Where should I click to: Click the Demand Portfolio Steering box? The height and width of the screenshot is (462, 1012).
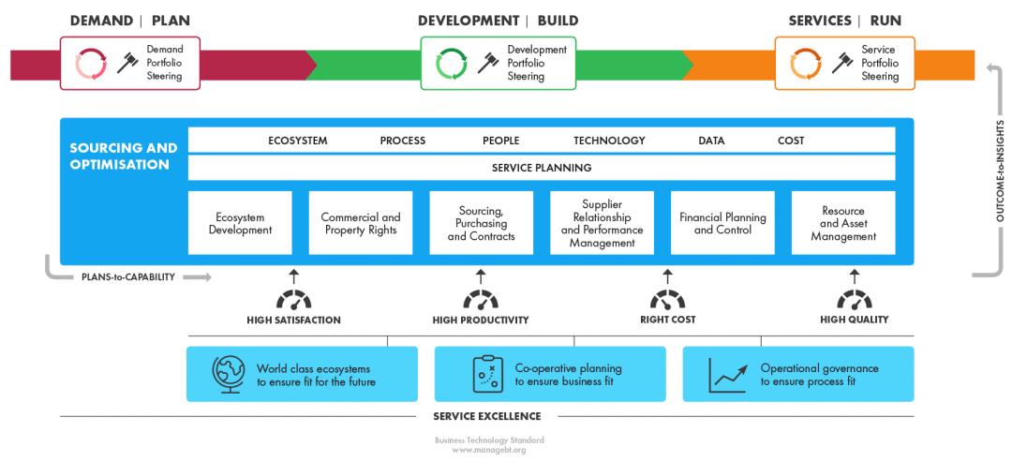pos(130,63)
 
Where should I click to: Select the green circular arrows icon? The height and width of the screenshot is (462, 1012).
pos(452,64)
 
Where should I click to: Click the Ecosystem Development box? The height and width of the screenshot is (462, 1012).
pos(240,223)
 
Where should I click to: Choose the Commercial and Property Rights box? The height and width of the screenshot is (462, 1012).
pos(361,223)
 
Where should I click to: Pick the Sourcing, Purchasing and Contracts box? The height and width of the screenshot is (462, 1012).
pos(482,223)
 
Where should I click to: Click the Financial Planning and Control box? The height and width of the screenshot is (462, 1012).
pos(722,223)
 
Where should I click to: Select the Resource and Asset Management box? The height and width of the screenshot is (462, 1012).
pos(842,223)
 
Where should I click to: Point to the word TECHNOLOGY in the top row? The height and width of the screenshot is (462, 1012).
pos(609,141)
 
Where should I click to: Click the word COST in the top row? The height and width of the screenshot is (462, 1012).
pos(791,141)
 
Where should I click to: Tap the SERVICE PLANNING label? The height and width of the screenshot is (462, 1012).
pos(542,168)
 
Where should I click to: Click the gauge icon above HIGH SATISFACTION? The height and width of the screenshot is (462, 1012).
pos(293,300)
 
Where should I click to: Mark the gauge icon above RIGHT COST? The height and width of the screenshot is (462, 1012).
pos(667,300)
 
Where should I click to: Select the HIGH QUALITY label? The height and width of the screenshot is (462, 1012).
pos(854,320)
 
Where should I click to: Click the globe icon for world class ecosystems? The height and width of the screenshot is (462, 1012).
pos(228,374)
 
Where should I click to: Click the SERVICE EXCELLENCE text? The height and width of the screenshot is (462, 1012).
pos(486,416)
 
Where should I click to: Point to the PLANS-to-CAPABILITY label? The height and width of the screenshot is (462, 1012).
pos(127,277)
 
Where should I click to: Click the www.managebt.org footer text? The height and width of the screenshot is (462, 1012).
pos(489,450)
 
